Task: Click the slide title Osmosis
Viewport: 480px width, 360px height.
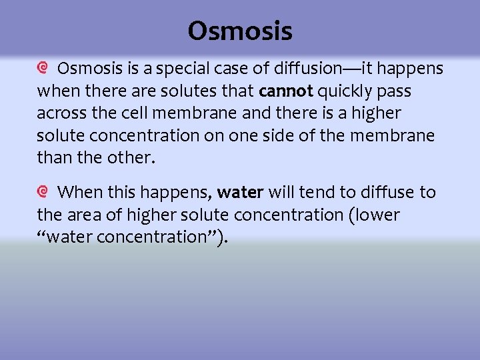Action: [240, 31]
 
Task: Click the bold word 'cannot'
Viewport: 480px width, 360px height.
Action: [285, 91]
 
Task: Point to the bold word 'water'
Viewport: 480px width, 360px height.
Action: [241, 193]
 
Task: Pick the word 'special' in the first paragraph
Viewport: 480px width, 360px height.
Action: [171, 69]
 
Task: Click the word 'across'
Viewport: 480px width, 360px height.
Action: [59, 113]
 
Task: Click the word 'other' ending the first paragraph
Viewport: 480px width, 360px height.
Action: [134, 159]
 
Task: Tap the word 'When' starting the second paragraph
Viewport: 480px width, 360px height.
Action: [79, 193]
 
